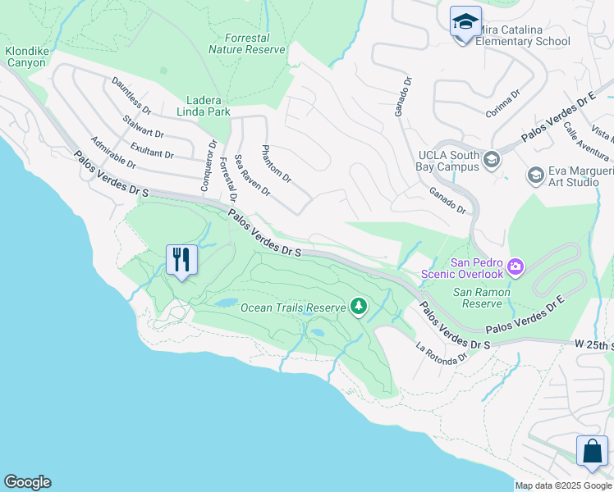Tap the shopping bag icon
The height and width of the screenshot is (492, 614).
coord(592,451)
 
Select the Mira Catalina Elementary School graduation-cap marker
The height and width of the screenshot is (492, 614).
coord(465,21)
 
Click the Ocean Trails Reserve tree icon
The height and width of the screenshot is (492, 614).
coord(358,307)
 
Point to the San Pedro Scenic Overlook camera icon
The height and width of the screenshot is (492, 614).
coord(515,266)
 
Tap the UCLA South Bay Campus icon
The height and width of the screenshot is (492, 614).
coord(492,158)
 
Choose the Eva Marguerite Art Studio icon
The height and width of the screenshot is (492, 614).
coord(535,175)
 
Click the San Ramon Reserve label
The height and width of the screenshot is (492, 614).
coord(482,298)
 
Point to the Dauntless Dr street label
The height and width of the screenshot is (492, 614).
coord(131,96)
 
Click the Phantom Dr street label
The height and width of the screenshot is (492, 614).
coord(275,163)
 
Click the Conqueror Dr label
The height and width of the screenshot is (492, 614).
coord(208,164)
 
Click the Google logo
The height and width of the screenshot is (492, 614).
coord(27,482)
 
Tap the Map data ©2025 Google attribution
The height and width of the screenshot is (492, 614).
coord(563,485)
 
